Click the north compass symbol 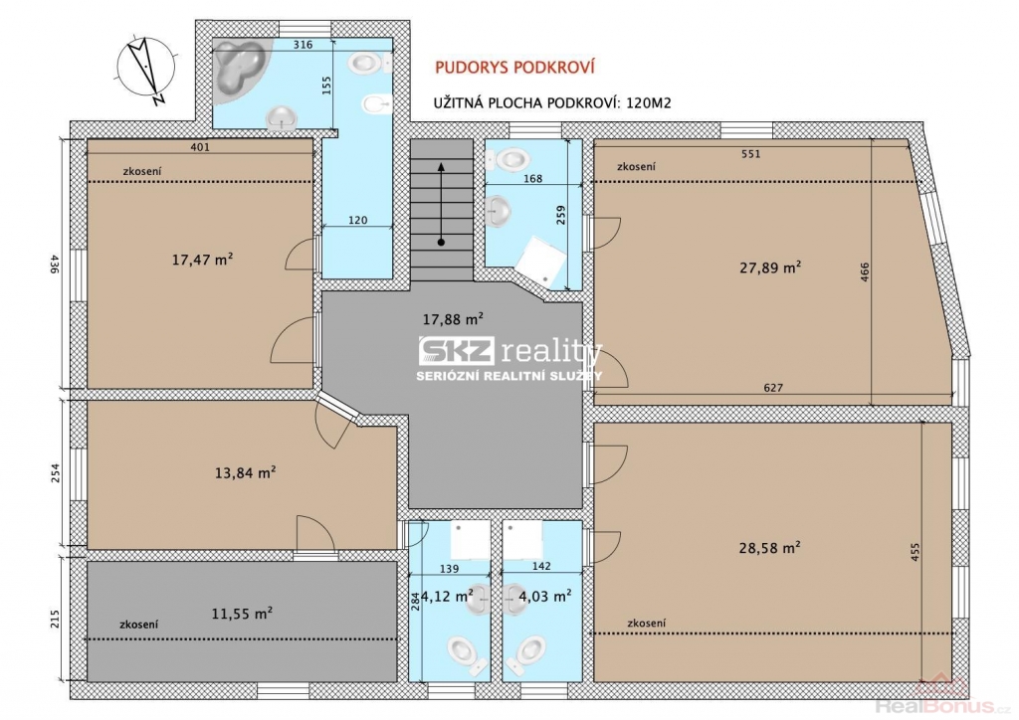click(x=145, y=71)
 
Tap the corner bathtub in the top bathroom click(x=241, y=69)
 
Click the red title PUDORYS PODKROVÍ click(x=514, y=68)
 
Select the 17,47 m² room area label click(x=202, y=260)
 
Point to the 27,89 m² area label click(x=769, y=267)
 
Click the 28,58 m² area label click(x=769, y=547)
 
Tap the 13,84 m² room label click(x=245, y=472)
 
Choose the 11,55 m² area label click(x=242, y=613)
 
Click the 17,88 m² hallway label click(x=453, y=319)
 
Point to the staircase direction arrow click(x=441, y=204)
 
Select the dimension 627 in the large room click(x=773, y=388)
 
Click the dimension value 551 click(x=750, y=154)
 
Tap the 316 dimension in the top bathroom click(x=303, y=45)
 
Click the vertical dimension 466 click(x=865, y=272)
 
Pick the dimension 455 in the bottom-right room click(x=916, y=551)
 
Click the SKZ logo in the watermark click(x=456, y=351)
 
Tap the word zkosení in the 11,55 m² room click(x=139, y=625)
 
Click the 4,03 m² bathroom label click(x=544, y=595)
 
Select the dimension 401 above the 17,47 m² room click(x=200, y=147)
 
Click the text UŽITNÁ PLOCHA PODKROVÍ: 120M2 click(x=551, y=103)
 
